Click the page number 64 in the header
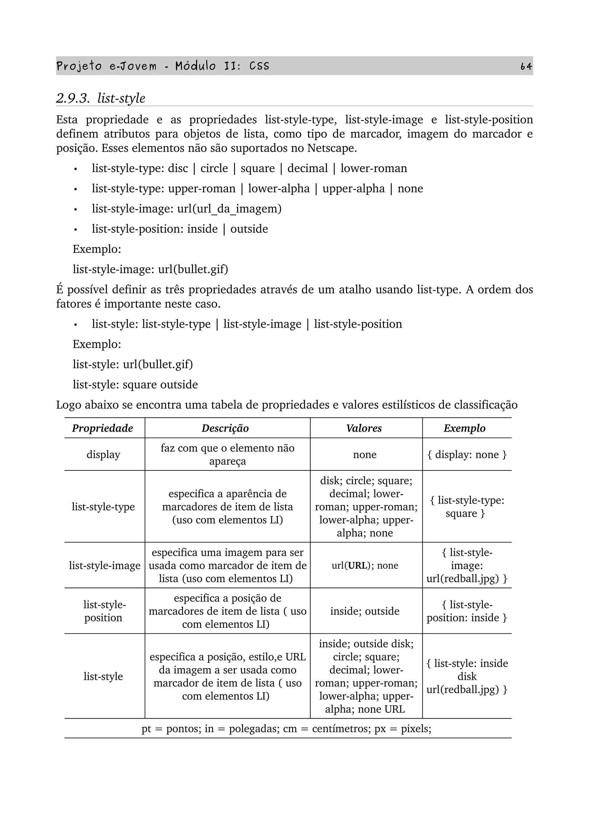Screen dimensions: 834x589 coord(526,66)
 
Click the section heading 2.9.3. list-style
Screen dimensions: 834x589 coord(101,98)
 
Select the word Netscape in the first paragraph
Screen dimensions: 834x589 coord(332,148)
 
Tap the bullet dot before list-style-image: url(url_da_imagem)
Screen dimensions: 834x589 coord(75,210)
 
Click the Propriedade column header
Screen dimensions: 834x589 coord(103,428)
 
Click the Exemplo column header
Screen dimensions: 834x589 coord(464,428)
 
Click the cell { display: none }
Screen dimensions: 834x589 coord(467,454)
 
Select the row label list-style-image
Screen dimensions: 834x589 coord(104,565)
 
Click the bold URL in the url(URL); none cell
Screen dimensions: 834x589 coord(357,565)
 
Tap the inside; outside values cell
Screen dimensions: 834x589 coord(364,611)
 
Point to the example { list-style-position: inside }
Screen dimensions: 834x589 coord(467,611)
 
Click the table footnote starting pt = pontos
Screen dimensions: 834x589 coord(286,729)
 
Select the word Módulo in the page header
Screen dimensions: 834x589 coord(195,66)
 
